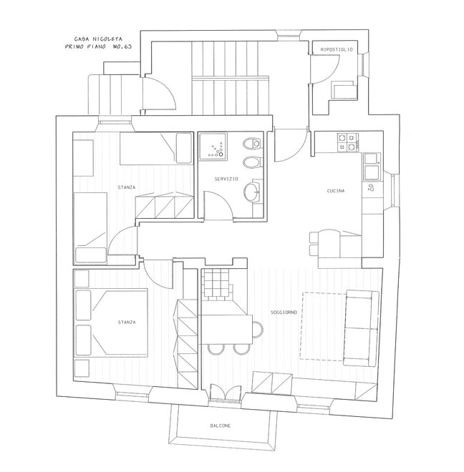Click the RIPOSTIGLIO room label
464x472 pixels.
(337, 49)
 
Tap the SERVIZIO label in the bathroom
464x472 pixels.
(226, 179)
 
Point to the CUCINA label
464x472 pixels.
(336, 191)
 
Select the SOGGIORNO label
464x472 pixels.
(284, 313)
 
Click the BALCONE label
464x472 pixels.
(221, 426)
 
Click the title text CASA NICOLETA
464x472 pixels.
(98, 39)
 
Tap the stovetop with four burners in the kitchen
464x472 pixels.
(348, 142)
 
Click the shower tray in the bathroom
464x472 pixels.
(213, 145)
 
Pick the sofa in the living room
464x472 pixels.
(362, 328)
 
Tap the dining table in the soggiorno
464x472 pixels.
(226, 329)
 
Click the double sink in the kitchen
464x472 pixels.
(372, 167)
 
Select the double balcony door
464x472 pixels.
(225, 392)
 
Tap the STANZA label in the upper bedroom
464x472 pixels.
(127, 187)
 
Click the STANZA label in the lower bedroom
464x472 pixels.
(127, 322)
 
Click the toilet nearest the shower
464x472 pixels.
(251, 143)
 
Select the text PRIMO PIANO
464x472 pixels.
(85, 46)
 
